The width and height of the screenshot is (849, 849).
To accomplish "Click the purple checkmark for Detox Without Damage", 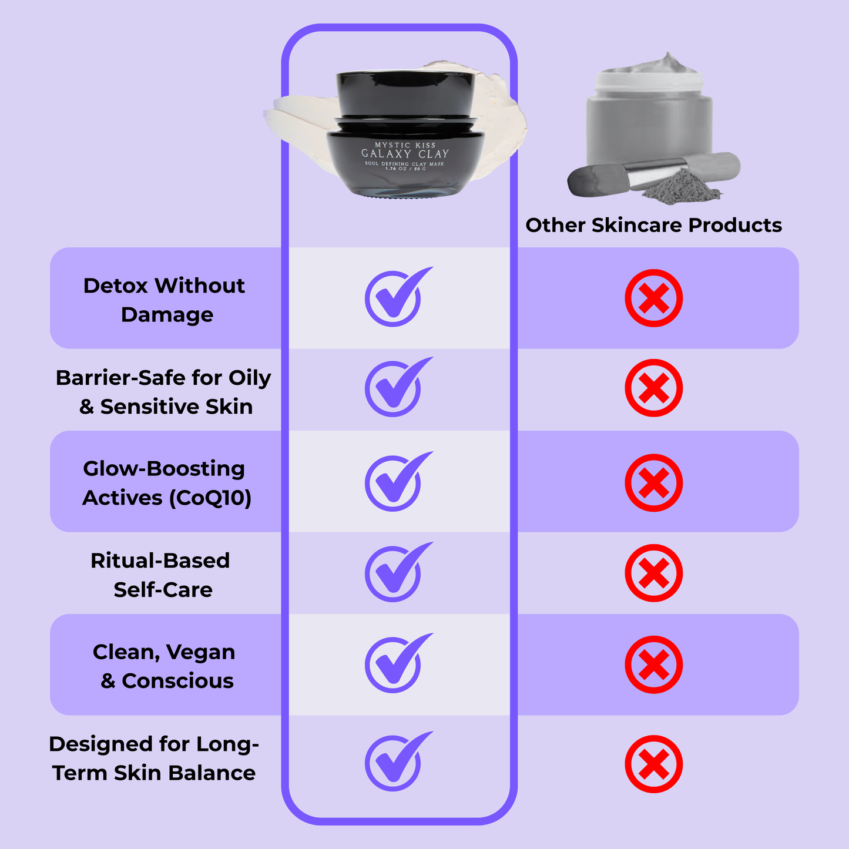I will point(394,298).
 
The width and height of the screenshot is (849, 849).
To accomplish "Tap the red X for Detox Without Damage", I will point(653,298).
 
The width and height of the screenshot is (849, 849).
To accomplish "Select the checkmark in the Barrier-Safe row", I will point(394,388).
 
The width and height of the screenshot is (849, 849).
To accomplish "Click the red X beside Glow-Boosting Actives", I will point(653,483).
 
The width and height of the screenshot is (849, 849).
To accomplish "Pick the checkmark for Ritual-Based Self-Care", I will point(394,573).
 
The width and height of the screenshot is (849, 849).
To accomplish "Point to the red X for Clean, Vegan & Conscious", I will point(653,665).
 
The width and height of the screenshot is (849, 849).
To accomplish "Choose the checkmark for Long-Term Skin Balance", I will point(394,763).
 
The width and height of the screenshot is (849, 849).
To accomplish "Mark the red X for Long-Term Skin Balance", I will point(653,764).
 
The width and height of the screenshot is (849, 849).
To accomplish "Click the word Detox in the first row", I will point(115,286).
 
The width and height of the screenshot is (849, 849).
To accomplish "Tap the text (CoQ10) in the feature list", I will point(210,498).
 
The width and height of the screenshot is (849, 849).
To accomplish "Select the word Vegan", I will point(200,652).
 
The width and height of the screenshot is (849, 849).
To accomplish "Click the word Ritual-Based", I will point(160,561).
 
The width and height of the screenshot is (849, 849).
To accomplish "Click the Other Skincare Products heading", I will point(653,225).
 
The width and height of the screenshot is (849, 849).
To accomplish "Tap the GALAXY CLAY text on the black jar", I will point(405,154).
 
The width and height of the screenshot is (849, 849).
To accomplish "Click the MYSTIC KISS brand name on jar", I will point(405,145).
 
